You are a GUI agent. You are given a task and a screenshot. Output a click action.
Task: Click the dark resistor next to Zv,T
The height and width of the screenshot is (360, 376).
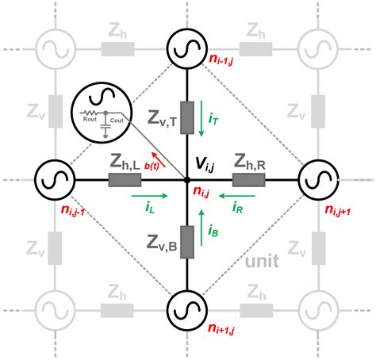(x=187, y=117)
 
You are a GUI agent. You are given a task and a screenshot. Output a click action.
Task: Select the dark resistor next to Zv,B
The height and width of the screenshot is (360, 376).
(x=187, y=240)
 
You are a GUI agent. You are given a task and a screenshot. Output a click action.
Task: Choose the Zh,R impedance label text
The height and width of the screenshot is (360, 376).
(x=249, y=163)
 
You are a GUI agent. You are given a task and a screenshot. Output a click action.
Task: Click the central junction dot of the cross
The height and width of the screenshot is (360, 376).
(x=187, y=180)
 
